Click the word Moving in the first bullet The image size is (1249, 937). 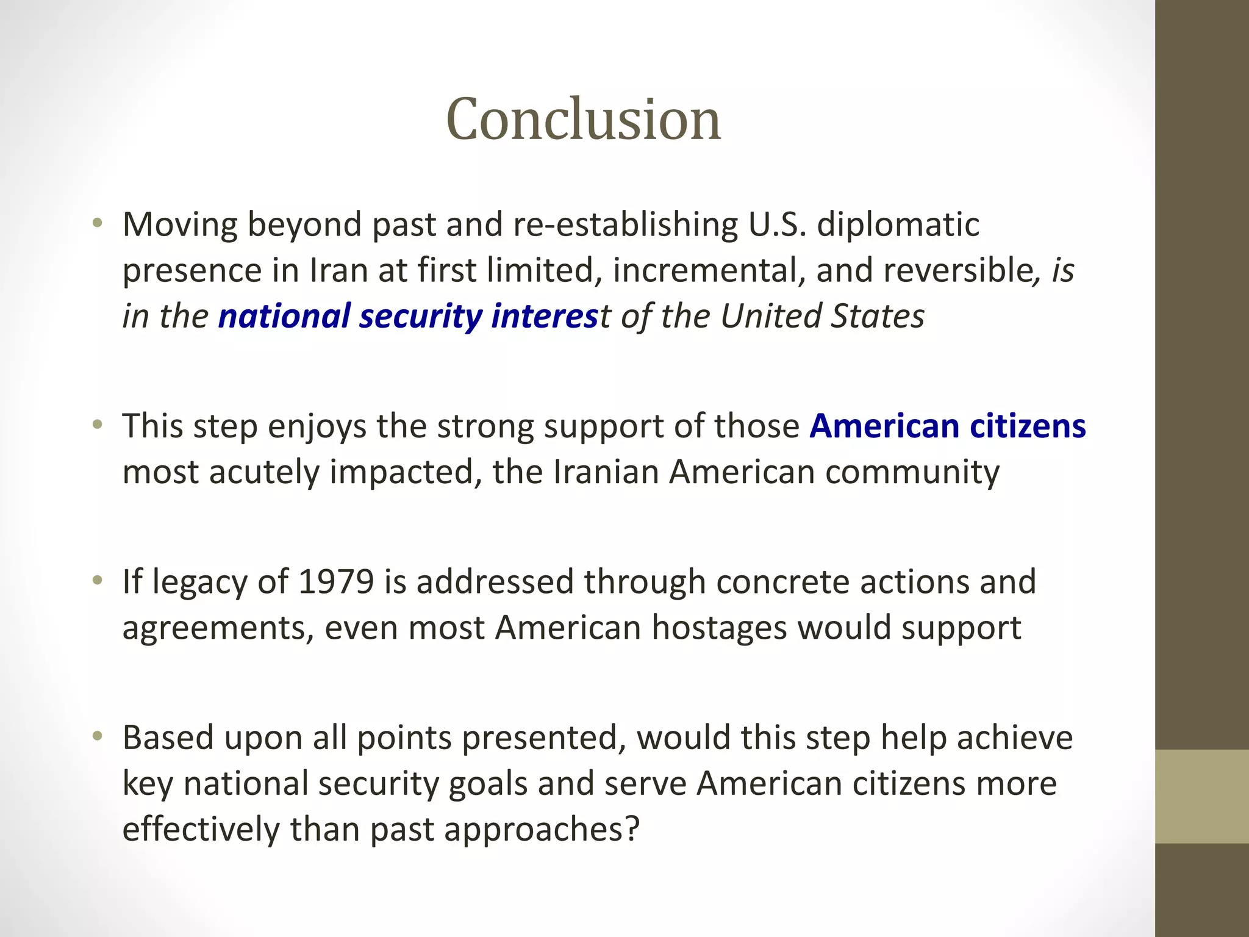tap(180, 224)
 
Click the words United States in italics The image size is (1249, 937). tap(822, 316)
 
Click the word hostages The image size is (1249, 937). tap(719, 628)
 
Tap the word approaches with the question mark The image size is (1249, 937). tap(542, 829)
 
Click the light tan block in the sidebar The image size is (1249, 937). tap(1201, 796)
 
